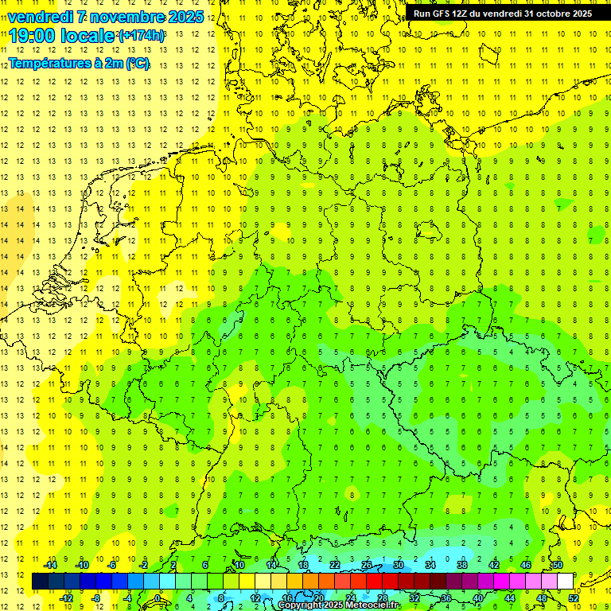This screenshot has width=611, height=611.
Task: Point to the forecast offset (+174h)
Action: point(142,36)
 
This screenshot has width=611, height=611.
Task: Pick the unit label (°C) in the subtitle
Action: point(137,63)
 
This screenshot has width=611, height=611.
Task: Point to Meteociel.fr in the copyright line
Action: point(373,605)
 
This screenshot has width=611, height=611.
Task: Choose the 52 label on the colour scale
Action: point(574,597)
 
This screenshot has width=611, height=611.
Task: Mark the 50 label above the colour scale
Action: point(558,565)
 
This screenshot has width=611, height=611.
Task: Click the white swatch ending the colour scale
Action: point(566,582)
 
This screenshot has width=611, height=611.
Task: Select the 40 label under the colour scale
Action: point(478,597)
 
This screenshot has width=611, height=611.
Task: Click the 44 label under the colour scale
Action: point(510,597)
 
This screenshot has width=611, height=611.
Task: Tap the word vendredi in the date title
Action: point(40,17)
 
